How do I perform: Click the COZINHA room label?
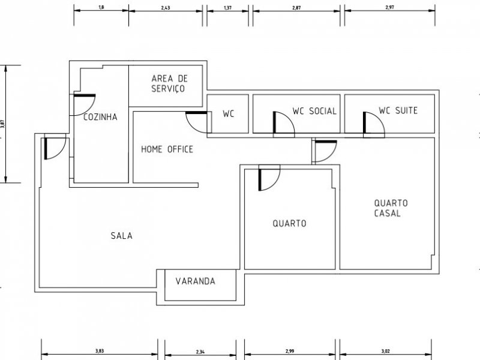(100, 117)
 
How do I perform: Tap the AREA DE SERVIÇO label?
(168, 83)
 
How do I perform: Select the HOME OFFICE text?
(167, 149)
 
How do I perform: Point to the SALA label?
(121, 236)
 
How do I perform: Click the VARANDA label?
(196, 281)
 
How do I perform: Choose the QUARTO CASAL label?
(391, 208)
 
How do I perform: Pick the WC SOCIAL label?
(314, 111)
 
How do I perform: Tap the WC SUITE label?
(398, 111)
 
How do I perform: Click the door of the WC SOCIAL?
(282, 123)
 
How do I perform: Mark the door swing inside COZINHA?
(83, 105)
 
